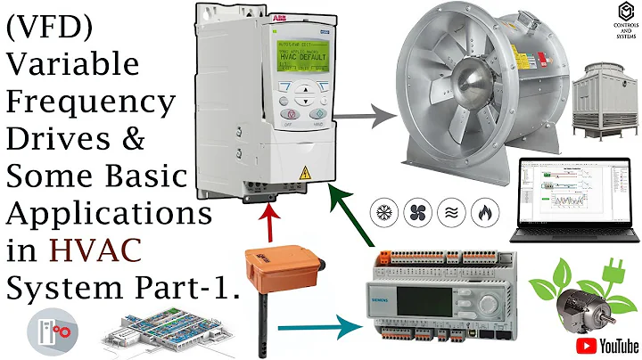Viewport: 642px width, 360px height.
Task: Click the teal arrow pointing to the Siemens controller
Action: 320,324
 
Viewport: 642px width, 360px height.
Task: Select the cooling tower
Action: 603,112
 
